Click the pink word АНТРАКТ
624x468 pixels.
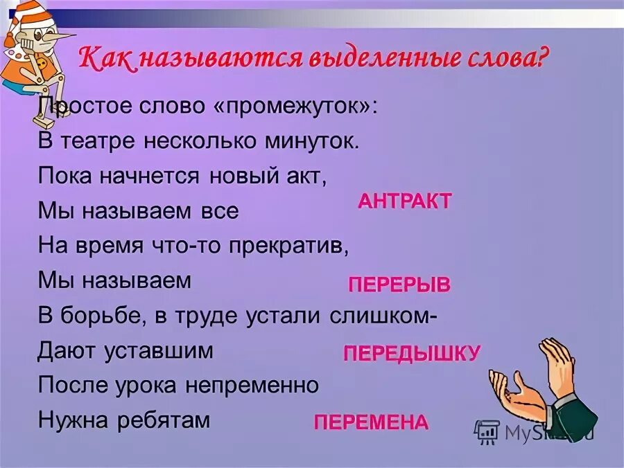point(405,201)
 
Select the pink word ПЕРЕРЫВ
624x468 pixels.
point(399,285)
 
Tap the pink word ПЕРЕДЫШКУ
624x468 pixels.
point(411,354)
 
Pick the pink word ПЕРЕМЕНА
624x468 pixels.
point(371,422)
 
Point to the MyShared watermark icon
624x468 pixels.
point(486,432)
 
